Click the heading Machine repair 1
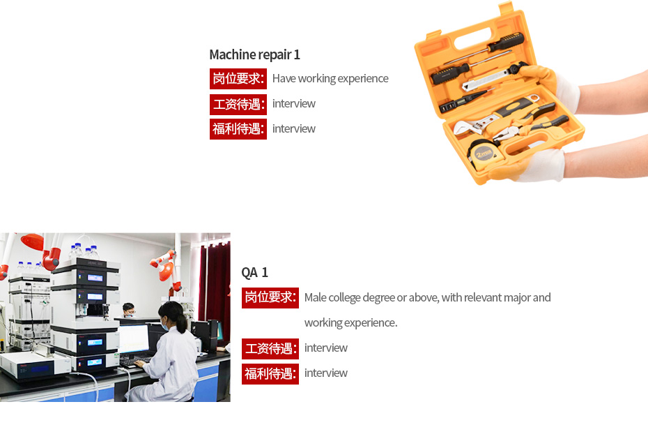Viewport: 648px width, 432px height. click(x=254, y=54)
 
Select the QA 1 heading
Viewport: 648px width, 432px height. click(x=254, y=272)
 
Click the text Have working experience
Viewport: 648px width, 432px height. click(x=330, y=78)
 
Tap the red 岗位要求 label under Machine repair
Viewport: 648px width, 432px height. click(x=238, y=78)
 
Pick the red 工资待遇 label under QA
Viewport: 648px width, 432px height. click(x=270, y=348)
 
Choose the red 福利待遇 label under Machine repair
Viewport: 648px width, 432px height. click(x=238, y=129)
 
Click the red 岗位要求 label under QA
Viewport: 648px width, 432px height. click(x=270, y=298)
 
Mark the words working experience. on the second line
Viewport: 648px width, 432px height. click(x=351, y=322)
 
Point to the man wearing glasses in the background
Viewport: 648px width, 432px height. click(x=129, y=310)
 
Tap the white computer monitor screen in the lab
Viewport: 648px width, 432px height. click(x=134, y=338)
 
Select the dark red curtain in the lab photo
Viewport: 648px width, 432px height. click(x=215, y=285)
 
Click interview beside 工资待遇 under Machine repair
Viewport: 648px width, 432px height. click(x=294, y=103)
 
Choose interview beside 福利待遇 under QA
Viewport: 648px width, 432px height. click(x=326, y=373)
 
